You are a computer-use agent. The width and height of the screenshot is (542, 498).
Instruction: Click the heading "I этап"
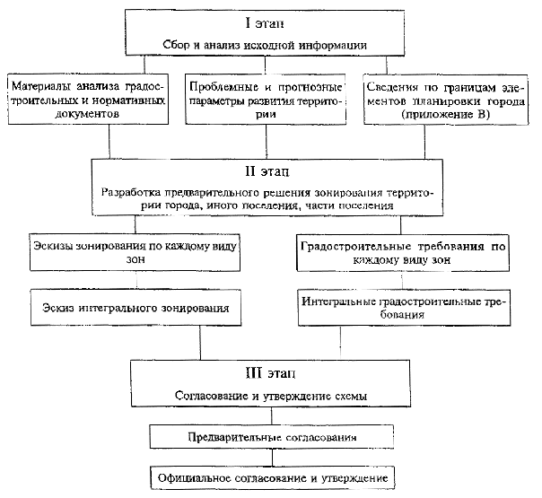(265, 23)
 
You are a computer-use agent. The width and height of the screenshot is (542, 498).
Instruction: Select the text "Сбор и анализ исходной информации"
(265, 45)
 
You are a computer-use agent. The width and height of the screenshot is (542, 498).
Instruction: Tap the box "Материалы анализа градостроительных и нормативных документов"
(88, 99)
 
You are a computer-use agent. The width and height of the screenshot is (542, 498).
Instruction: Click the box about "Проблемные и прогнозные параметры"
(266, 100)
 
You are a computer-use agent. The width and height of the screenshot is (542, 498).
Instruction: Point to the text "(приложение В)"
(446, 115)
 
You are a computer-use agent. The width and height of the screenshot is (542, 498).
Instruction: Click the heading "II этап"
(267, 171)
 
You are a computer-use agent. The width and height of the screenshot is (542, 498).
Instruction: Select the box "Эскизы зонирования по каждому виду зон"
(135, 253)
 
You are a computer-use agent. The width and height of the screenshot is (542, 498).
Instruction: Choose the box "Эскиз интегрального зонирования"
(135, 308)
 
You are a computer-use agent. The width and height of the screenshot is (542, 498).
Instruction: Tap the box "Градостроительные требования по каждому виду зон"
(403, 253)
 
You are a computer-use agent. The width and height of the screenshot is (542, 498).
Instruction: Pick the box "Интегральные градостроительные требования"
(404, 308)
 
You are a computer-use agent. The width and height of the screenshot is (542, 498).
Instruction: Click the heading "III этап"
(271, 373)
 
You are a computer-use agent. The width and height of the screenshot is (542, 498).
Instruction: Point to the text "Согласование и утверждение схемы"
(271, 396)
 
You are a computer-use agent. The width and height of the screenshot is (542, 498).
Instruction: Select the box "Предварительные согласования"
(272, 437)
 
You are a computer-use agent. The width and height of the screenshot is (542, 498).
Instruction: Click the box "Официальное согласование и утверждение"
(273, 478)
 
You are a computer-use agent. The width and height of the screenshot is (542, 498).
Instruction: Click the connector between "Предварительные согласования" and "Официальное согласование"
(272, 458)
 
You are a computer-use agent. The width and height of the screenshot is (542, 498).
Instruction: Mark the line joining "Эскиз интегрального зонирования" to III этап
(200, 343)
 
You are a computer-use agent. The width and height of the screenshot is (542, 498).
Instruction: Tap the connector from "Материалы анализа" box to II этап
(109, 142)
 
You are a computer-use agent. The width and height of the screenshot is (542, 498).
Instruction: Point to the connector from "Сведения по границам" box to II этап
(424, 142)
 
